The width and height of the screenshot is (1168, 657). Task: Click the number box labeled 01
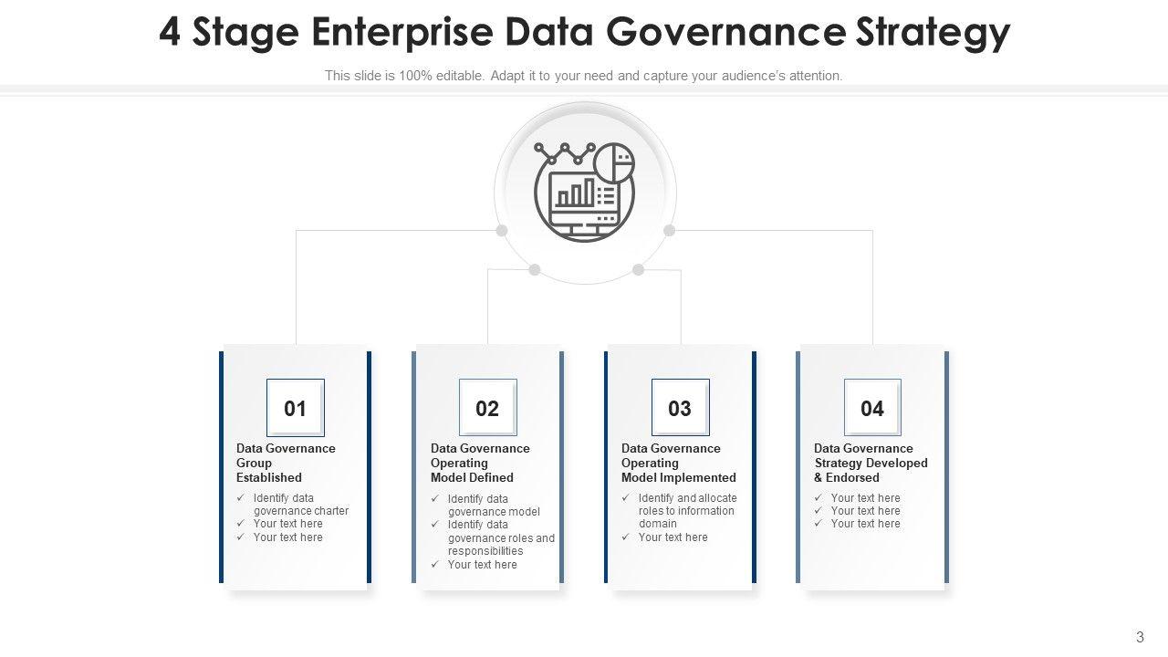(295, 408)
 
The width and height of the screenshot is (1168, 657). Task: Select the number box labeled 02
(487, 408)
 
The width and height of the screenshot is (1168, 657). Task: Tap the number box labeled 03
(680, 408)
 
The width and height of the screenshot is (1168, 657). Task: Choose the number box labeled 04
(872, 408)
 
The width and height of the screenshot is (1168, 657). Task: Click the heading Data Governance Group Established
(286, 463)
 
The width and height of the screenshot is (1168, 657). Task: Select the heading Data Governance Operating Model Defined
(480, 463)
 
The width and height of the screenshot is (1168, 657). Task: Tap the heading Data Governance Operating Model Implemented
(678, 463)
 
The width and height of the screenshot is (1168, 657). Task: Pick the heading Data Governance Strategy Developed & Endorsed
(871, 463)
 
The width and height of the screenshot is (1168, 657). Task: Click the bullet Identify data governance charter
(300, 505)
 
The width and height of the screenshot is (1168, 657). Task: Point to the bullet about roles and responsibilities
(500, 537)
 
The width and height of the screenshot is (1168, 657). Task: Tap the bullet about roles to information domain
(686, 511)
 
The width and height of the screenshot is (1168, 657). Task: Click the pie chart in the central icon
(613, 162)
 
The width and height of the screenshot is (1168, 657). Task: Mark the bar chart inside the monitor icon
(576, 193)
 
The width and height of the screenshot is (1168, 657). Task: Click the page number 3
(1140, 637)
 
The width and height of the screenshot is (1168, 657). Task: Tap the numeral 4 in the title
(170, 32)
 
